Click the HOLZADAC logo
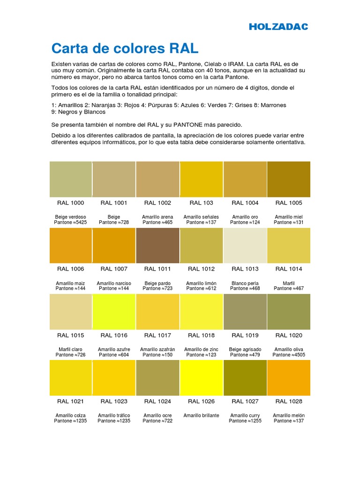pyautogui.click(x=278, y=27)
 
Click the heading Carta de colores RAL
pyautogui.click(x=124, y=48)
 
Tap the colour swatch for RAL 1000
pyautogui.click(x=70, y=179)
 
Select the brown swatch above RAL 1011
pyautogui.click(x=157, y=246)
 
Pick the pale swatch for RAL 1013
pyautogui.click(x=245, y=246)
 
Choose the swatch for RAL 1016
pyautogui.click(x=114, y=312)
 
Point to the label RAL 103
pyautogui.click(x=201, y=203)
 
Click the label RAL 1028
pyautogui.click(x=288, y=401)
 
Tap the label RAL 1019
pyautogui.click(x=245, y=335)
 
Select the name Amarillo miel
pyautogui.click(x=288, y=217)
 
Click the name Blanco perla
pyautogui.click(x=245, y=283)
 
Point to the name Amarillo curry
pyautogui.click(x=245, y=415)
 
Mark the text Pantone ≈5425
pyautogui.click(x=71, y=222)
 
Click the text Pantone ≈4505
pyautogui.click(x=288, y=355)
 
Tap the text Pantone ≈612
pyautogui.click(x=201, y=289)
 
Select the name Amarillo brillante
pyautogui.click(x=201, y=415)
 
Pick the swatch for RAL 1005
pyautogui.click(x=288, y=179)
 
